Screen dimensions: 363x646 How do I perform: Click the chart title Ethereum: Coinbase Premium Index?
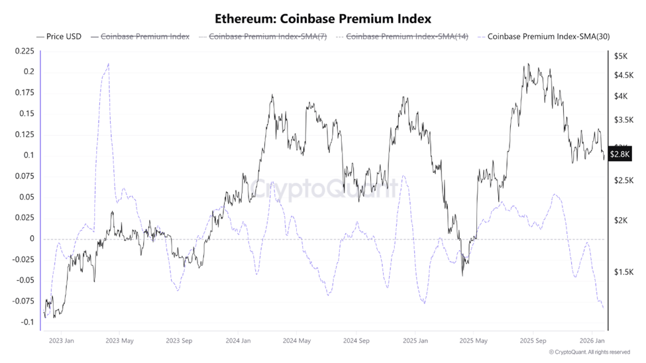pyautogui.click(x=323, y=18)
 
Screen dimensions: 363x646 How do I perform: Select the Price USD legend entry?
pyautogui.click(x=59, y=36)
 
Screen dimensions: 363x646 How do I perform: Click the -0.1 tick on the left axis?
pyautogui.click(x=27, y=323)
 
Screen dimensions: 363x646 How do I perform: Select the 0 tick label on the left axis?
pyautogui.click(x=30, y=239)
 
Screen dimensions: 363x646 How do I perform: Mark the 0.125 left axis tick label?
pyautogui.click(x=23, y=134)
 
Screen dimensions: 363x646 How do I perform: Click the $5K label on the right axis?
pyautogui.click(x=621, y=56)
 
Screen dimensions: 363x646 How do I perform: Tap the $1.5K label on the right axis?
pyautogui.click(x=623, y=272)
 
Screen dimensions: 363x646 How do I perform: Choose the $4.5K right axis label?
pyautogui.click(x=623, y=76)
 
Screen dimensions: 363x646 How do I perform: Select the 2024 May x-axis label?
pyautogui.click(x=297, y=341)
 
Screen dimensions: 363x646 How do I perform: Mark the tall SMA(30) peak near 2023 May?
pyautogui.click(x=108, y=64)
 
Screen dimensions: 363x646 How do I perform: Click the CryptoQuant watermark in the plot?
pyautogui.click(x=325, y=189)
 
